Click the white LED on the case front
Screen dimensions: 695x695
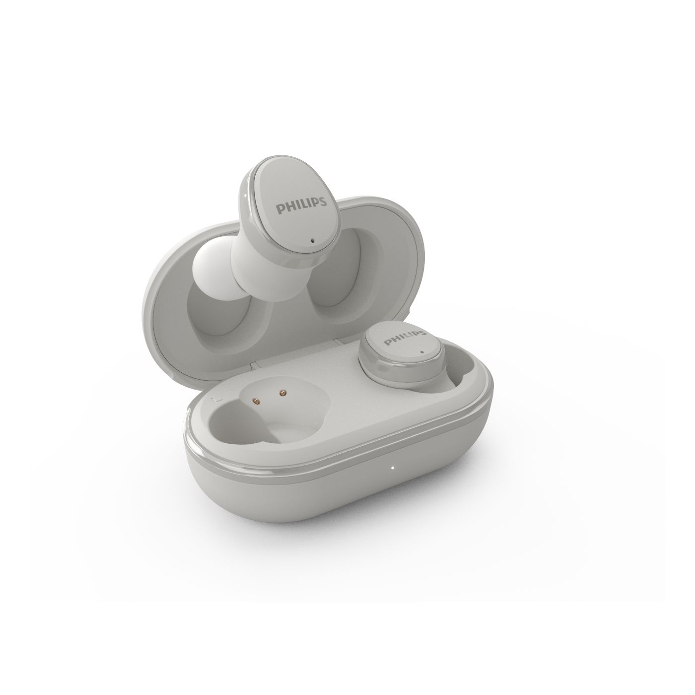pyautogui.click(x=392, y=468)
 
